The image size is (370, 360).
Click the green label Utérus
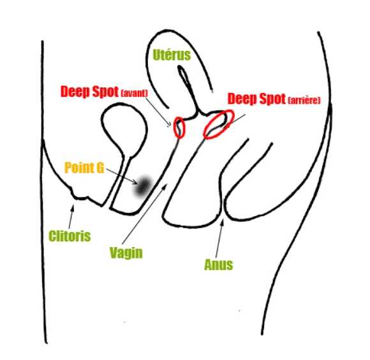click(x=172, y=55)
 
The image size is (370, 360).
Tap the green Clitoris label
click(x=70, y=236)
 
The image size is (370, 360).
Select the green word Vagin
click(x=126, y=253)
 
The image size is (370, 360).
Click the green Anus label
click(x=219, y=264)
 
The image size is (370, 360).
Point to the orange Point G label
click(x=84, y=168)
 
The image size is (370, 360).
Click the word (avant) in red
click(x=134, y=93)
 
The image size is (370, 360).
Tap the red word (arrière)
click(x=304, y=101)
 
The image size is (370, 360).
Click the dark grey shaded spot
click(x=142, y=187)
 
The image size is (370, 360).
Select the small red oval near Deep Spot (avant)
click(x=179, y=127)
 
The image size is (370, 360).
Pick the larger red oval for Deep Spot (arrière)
click(x=219, y=124)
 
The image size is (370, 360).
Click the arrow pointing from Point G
click(x=122, y=176)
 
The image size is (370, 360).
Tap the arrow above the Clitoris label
click(x=71, y=217)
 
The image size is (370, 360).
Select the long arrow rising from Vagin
click(x=144, y=214)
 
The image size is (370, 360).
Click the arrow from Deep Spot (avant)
click(x=158, y=112)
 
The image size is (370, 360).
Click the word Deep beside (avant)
click(x=75, y=92)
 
